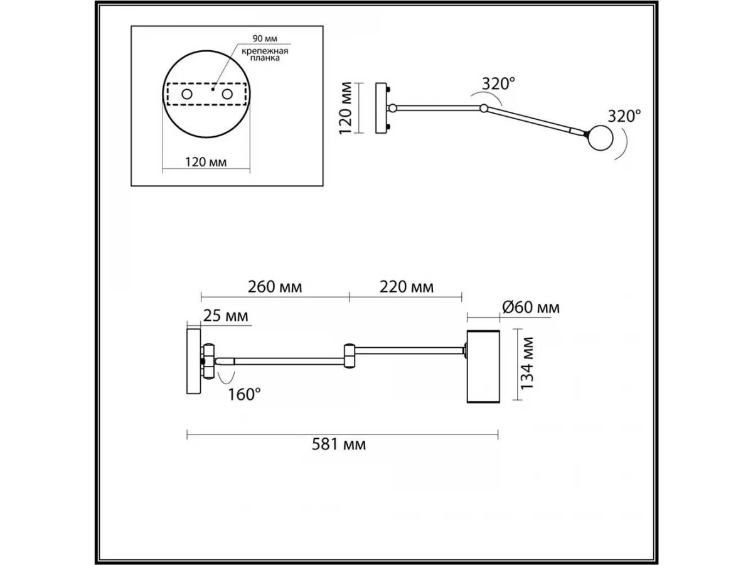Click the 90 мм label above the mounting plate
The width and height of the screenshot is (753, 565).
[265, 38]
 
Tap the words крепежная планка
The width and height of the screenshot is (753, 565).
[265, 55]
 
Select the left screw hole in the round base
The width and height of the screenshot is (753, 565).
[187, 94]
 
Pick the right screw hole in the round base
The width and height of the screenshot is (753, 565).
[227, 94]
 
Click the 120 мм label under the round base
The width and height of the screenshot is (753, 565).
[206, 162]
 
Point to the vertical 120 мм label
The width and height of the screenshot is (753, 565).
[346, 108]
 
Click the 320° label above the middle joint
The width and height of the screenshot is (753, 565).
[498, 84]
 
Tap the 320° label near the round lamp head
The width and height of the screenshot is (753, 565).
[624, 117]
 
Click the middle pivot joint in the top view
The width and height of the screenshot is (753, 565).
[484, 109]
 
